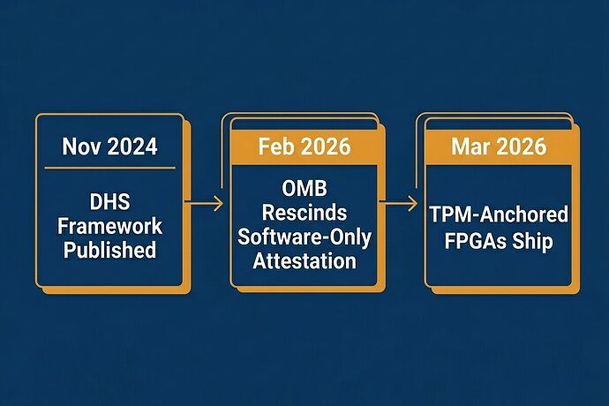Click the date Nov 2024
tap(110, 147)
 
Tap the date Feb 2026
tap(304, 147)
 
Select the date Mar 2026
tap(499, 147)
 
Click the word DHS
tap(110, 201)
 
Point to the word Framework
tap(110, 226)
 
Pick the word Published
tap(110, 250)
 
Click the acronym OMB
tap(304, 189)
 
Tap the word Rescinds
tap(304, 213)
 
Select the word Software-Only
tap(304, 237)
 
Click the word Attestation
tap(304, 261)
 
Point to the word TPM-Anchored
tap(499, 214)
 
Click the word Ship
tap(532, 242)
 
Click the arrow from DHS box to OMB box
tap(204, 203)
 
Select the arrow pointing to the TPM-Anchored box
tap(398, 203)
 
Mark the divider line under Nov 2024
tap(110, 169)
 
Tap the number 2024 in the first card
tap(132, 147)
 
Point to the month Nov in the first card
tap(82, 147)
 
